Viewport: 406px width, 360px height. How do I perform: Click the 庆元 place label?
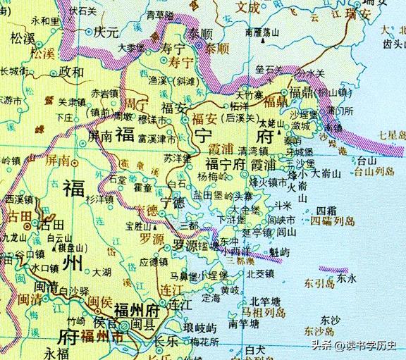point(109,33)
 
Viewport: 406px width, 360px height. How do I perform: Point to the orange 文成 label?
point(247,7)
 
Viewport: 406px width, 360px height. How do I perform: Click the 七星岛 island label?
point(391,134)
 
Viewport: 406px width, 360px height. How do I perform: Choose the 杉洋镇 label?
point(99,201)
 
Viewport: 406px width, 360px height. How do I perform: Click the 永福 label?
point(56,350)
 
